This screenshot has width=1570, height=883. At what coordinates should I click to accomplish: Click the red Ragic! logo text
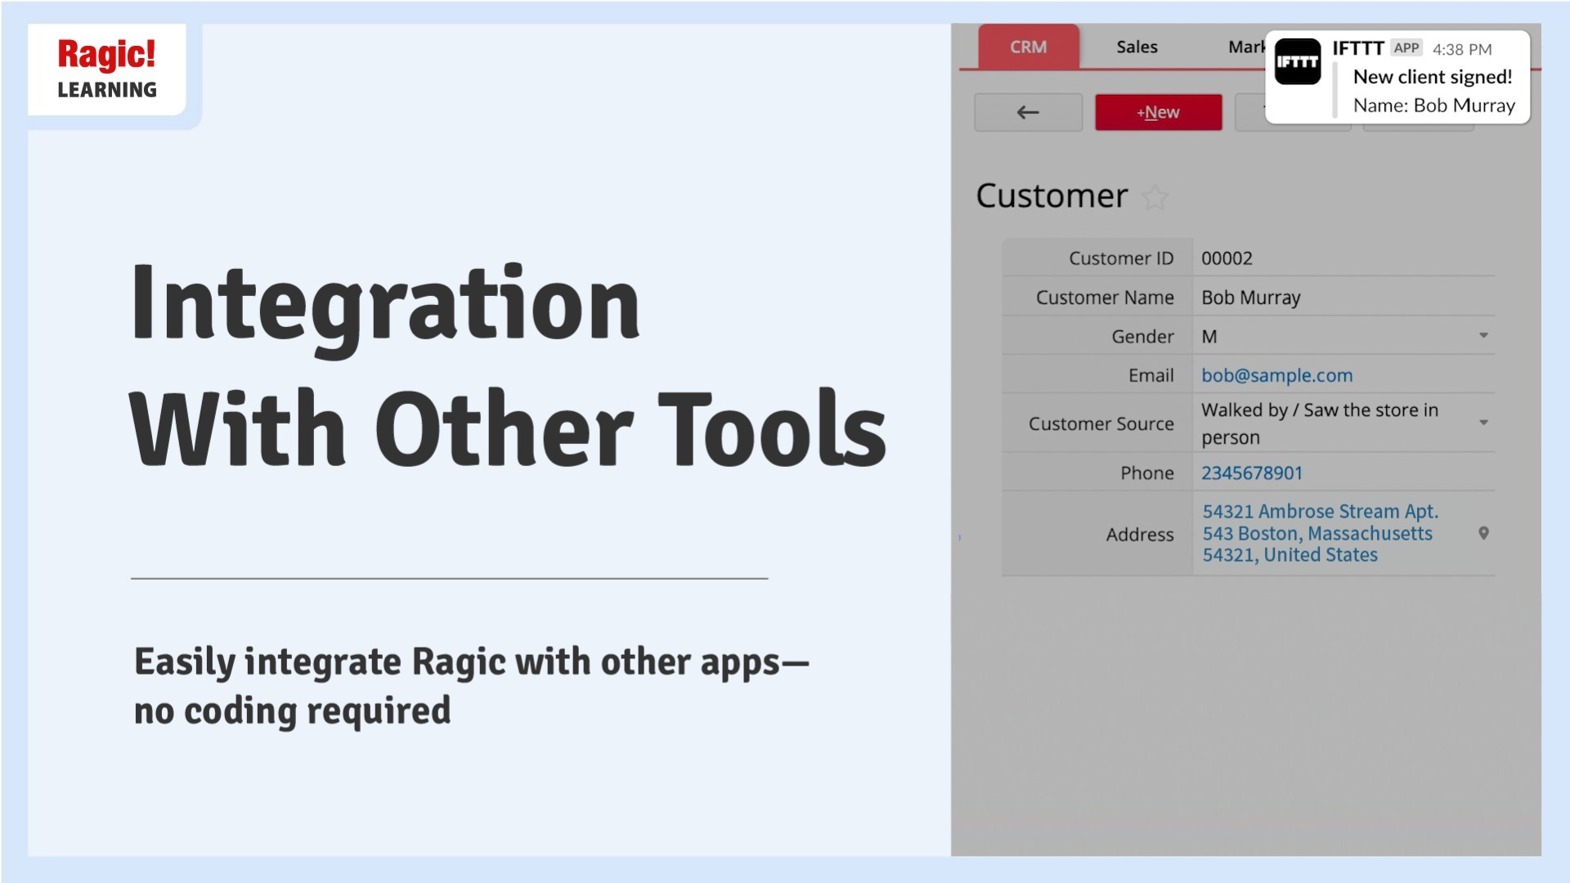point(106,55)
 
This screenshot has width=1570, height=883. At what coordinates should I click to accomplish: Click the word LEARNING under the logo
point(107,90)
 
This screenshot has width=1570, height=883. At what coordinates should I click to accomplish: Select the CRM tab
point(1028,47)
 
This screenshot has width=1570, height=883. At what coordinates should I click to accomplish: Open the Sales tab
point(1137,47)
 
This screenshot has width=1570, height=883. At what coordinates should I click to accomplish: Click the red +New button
point(1158,113)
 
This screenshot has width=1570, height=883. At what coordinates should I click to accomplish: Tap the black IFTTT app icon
point(1298,62)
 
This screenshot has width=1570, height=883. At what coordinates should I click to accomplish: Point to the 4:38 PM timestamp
point(1462,49)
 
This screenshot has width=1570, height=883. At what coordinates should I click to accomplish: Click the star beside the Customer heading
point(1155,197)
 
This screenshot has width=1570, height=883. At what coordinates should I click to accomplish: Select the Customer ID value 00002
point(1227,258)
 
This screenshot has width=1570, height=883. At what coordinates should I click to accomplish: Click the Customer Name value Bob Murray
point(1250,298)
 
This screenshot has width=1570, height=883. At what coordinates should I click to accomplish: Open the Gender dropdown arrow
point(1483,336)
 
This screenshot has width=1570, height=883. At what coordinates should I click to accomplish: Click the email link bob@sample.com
point(1276,375)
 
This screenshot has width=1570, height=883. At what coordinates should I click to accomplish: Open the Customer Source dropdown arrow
point(1483,423)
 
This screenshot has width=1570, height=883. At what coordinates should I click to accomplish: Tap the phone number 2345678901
point(1251,473)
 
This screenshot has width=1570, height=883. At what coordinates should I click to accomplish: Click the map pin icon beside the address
point(1483,533)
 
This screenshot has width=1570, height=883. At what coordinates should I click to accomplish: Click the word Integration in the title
point(385,305)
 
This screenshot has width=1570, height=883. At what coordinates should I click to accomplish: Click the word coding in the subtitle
point(240,711)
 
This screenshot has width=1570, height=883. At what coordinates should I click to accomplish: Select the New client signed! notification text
point(1433,77)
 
